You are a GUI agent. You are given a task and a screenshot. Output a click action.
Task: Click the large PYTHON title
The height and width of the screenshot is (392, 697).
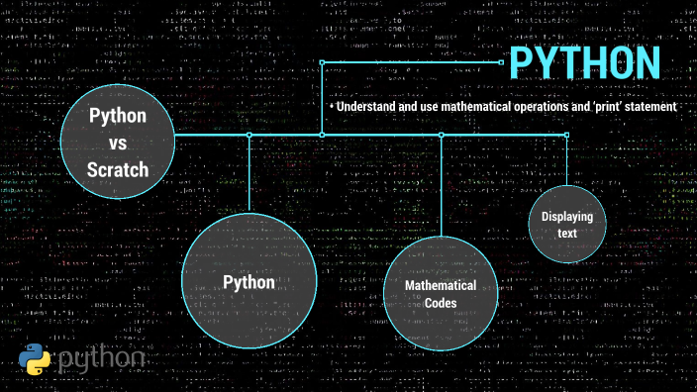tap(584, 62)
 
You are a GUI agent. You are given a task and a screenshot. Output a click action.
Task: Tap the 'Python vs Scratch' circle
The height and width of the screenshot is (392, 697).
tap(118, 142)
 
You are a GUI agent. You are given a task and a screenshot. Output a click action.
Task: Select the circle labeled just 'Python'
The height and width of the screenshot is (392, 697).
tap(249, 282)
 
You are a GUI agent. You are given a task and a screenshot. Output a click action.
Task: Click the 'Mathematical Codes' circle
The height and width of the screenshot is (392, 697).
tap(441, 294)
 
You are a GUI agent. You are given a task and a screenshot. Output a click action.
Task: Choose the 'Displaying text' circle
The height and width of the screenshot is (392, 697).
tap(566, 225)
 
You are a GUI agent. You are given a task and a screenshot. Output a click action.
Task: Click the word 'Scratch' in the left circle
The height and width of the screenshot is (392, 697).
tap(118, 169)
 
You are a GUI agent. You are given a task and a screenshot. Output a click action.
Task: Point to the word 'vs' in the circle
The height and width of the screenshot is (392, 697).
tap(118, 143)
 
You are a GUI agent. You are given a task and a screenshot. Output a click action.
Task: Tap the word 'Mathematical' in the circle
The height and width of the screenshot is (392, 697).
tap(441, 285)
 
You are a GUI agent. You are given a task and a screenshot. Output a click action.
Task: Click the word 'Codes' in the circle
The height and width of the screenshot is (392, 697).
tap(441, 303)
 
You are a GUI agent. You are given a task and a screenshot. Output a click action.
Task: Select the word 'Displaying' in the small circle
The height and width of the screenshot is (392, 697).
tap(566, 216)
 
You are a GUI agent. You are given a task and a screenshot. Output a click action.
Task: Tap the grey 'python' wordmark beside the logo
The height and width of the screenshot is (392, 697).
tap(101, 360)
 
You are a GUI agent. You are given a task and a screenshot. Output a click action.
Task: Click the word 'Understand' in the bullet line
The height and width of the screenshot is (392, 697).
tap(369, 106)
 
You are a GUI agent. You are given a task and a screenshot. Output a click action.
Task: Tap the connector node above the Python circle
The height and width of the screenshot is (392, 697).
tap(249, 135)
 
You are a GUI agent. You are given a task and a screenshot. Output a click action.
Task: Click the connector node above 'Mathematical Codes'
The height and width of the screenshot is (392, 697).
tap(441, 135)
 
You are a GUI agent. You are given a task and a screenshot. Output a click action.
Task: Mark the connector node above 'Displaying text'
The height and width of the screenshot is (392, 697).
tap(566, 135)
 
